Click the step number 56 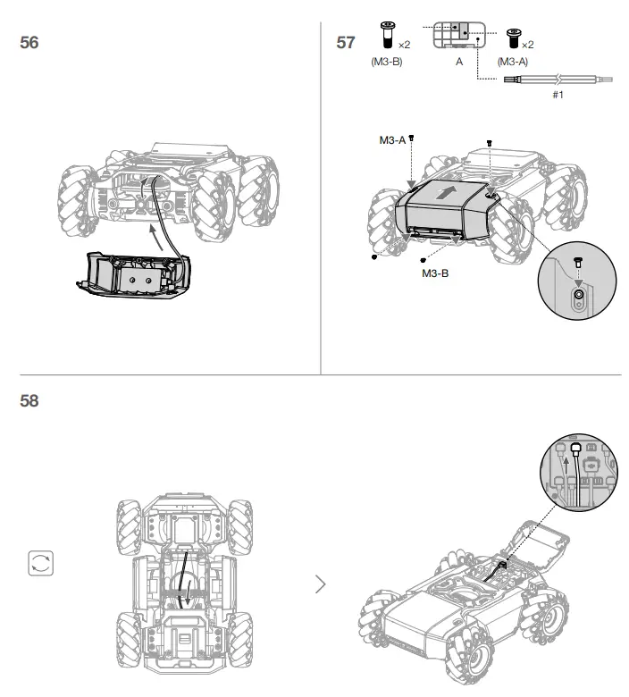(x=29, y=42)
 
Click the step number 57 (x=346, y=42)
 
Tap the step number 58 (x=29, y=401)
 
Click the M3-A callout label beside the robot (x=392, y=139)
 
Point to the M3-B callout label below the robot (x=435, y=273)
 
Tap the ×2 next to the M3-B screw (x=404, y=44)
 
